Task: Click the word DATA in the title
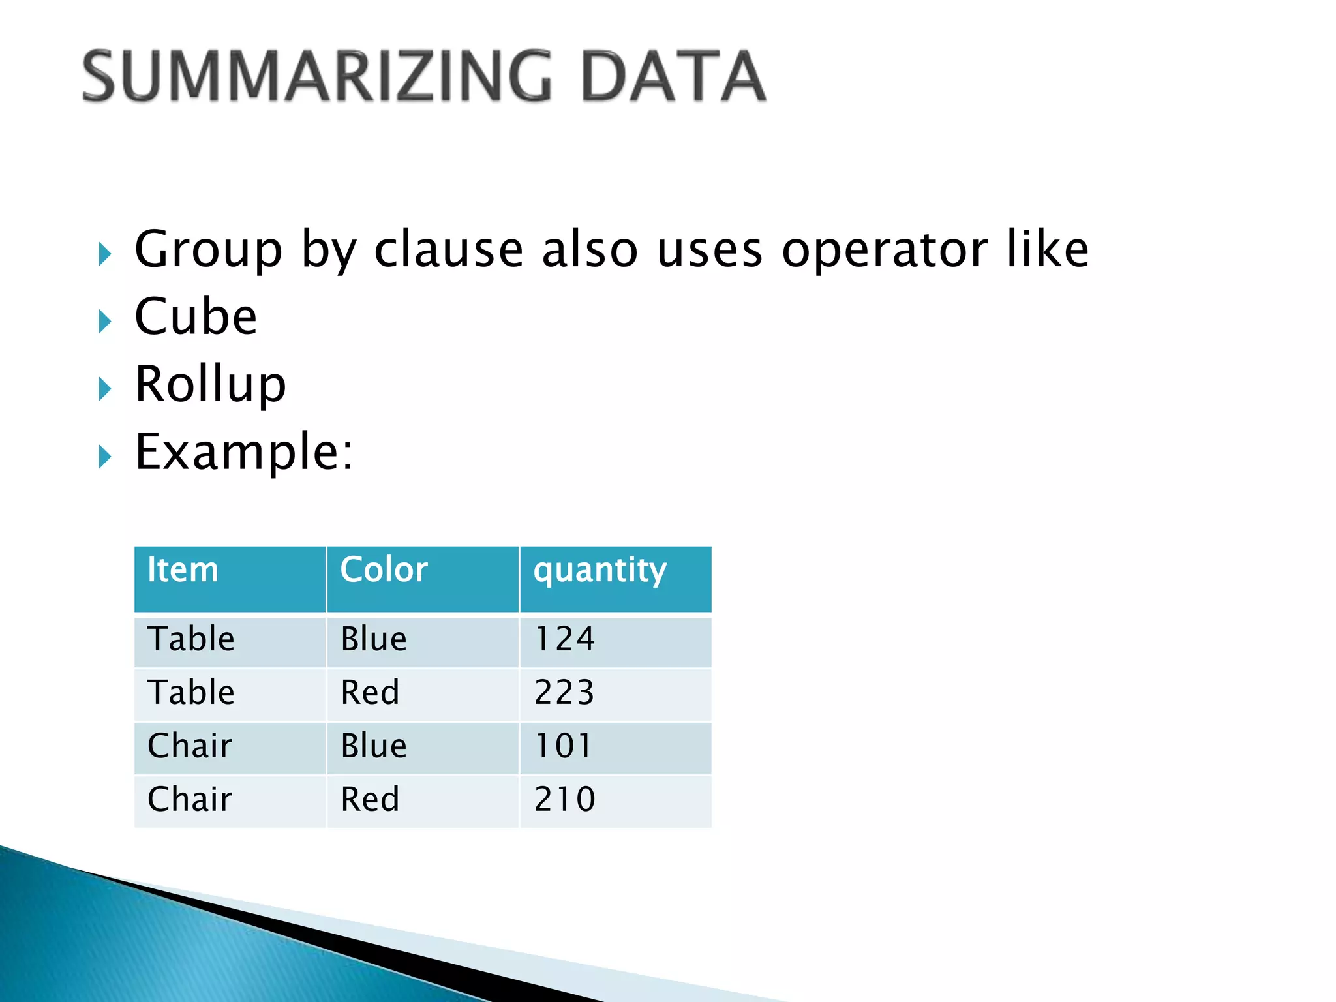(673, 76)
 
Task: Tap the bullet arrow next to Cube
(104, 321)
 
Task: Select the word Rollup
(210, 384)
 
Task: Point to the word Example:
(244, 452)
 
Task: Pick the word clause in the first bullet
(449, 250)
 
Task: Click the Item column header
(183, 570)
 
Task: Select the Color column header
(384, 570)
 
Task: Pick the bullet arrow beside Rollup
(104, 389)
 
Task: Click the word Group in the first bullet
(208, 250)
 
